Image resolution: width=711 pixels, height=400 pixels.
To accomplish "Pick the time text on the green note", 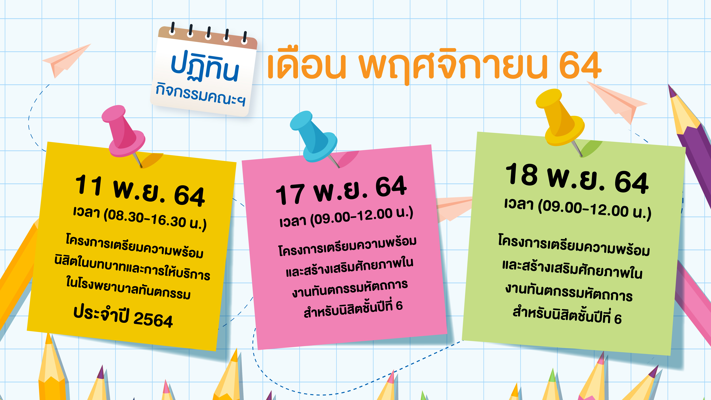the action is pyautogui.click(x=577, y=209).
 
